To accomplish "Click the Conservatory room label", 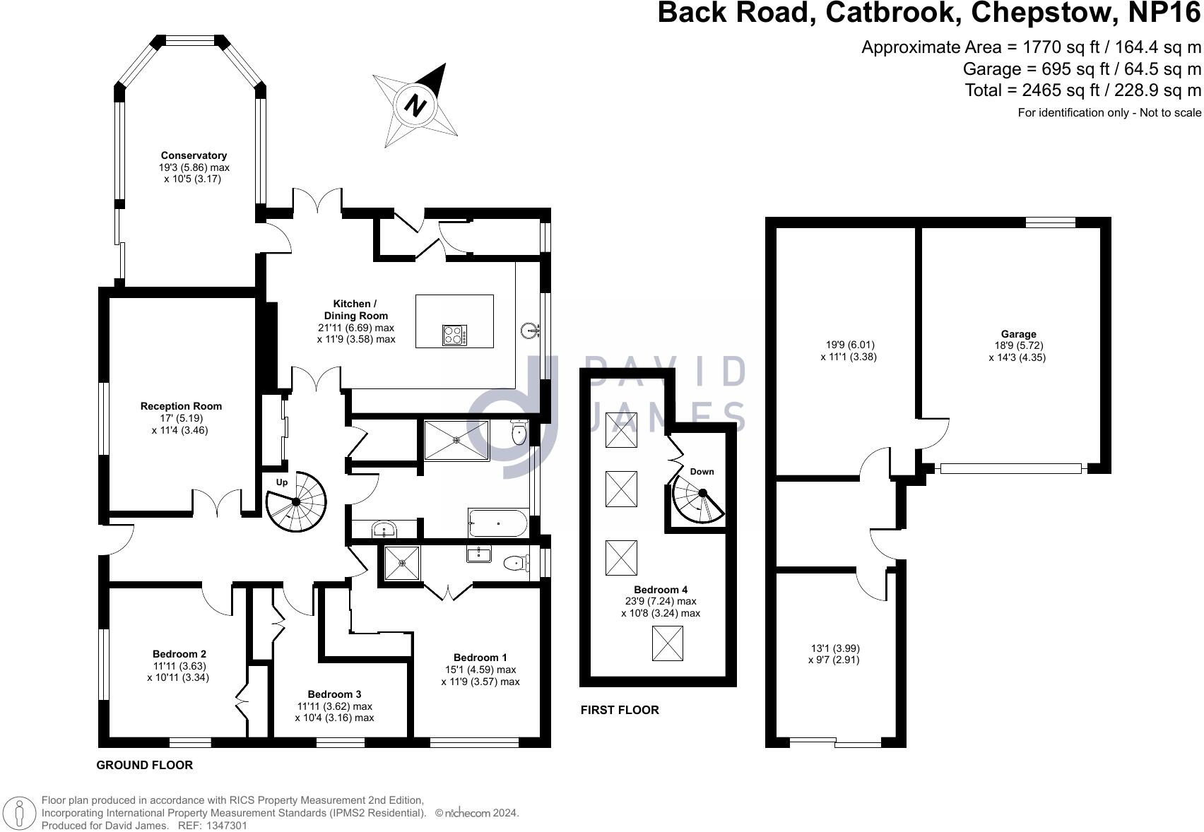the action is (x=194, y=155).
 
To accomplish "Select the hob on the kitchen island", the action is (x=455, y=335).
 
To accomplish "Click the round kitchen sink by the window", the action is (x=531, y=331).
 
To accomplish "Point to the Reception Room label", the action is (x=181, y=406).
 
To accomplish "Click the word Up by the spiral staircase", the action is (x=282, y=482).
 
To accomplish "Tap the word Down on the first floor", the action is (x=702, y=472).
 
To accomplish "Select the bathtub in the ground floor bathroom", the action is (x=498, y=523).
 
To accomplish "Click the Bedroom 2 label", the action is (x=179, y=654).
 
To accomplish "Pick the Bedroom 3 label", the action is (x=334, y=694).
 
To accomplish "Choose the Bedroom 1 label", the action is (x=480, y=658).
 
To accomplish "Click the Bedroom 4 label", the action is (x=661, y=589).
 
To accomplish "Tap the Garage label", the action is (x=1019, y=334).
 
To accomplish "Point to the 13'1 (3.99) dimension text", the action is (x=834, y=648).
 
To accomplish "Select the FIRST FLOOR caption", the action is (x=620, y=710).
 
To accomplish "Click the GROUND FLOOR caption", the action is (x=145, y=766).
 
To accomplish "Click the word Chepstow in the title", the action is (x=1041, y=12).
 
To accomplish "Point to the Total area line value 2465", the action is (x=1044, y=90).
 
